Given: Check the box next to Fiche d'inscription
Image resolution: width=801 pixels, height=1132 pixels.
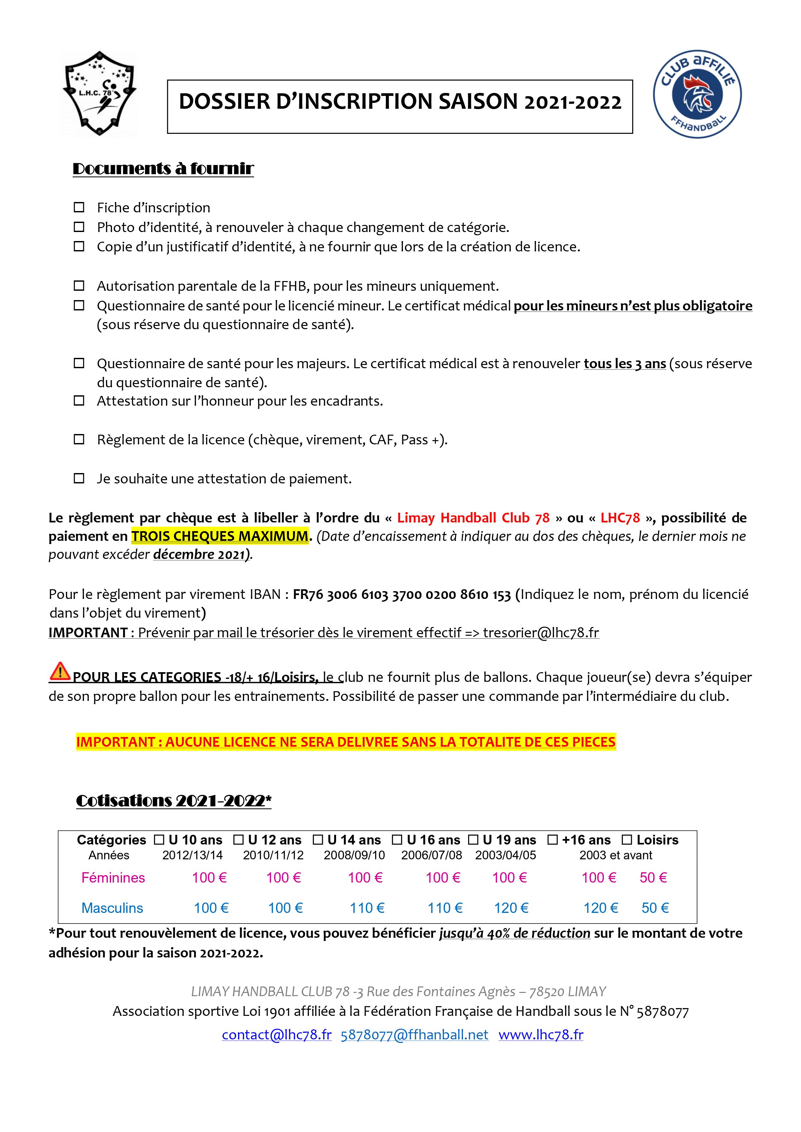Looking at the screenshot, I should (79, 207).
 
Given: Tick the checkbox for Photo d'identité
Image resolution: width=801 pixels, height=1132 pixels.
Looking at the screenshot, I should (79, 227).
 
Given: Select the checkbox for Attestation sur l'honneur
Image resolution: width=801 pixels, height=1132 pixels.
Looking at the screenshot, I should (79, 401).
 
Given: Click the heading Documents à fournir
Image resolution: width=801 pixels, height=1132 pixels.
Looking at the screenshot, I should (163, 169).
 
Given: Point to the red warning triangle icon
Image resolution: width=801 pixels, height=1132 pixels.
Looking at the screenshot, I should (60, 672).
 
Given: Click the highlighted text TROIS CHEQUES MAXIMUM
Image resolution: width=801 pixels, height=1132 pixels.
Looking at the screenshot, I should (220, 536).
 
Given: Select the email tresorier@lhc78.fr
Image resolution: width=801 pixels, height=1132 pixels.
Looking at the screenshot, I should (541, 632).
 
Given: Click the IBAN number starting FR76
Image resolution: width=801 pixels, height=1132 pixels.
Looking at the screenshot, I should (402, 595).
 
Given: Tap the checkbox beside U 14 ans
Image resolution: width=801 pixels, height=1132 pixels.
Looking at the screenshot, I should (318, 840).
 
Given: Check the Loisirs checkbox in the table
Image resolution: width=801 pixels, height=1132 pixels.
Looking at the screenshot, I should (627, 840).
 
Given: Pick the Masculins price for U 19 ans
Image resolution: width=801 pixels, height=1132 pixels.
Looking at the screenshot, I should (511, 908).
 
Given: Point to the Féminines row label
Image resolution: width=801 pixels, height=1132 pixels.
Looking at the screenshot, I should (113, 878).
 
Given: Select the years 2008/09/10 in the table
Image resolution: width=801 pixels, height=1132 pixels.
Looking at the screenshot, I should (354, 855).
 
